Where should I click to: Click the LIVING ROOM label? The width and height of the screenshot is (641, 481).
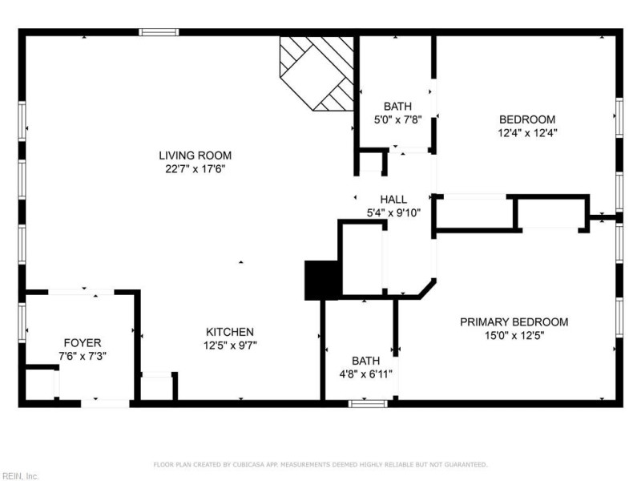(195, 156)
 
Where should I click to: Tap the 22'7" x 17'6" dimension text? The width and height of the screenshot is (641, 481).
(195, 169)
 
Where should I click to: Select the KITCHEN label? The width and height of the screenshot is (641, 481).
(230, 332)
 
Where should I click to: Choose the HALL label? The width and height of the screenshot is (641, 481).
(393, 200)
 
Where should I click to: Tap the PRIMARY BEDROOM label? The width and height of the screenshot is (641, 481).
(514, 322)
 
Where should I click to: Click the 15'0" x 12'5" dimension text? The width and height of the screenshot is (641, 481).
(514, 336)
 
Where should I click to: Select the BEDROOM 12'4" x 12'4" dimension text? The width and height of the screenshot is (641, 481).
(527, 134)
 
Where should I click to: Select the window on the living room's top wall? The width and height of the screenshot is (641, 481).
(159, 32)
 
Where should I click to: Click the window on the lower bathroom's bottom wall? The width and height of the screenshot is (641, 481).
(368, 403)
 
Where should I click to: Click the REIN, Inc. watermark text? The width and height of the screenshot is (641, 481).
(20, 476)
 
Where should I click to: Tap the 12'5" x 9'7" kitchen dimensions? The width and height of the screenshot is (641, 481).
(230, 346)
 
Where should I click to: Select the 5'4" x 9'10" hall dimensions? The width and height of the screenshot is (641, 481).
(393, 213)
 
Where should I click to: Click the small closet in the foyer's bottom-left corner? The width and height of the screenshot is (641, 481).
(39, 383)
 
